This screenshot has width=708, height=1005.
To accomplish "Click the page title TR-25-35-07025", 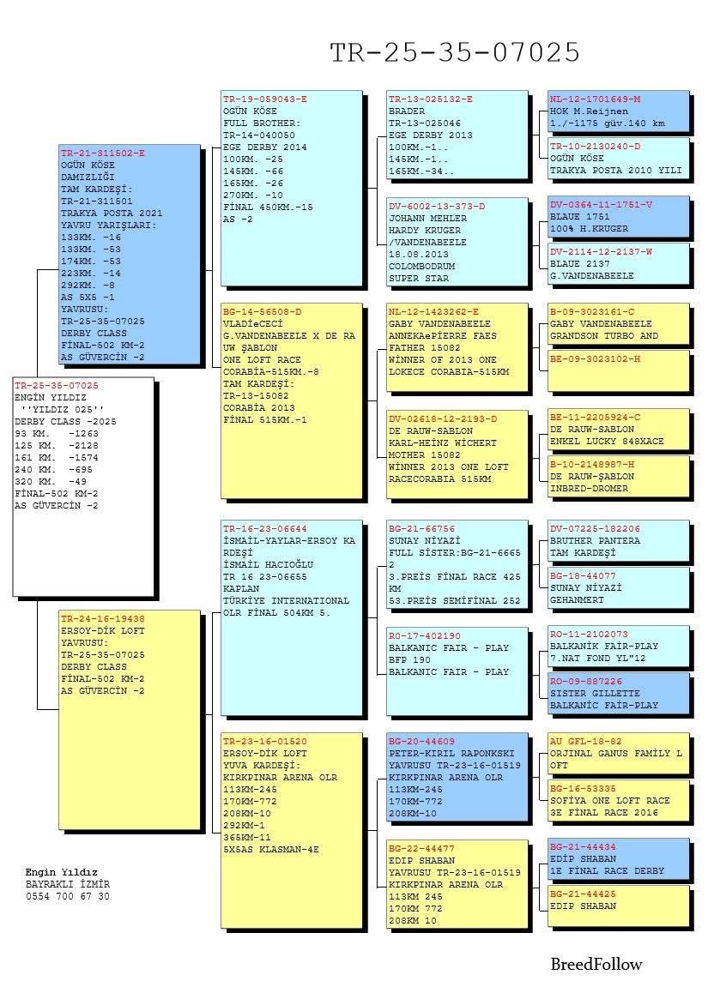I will (455, 53).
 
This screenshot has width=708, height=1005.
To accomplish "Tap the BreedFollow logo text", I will (596, 965).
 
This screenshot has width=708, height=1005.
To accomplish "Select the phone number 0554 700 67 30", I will (68, 896).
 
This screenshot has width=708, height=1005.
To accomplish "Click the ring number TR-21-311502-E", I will (103, 153).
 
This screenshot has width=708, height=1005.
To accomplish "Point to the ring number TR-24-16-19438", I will (103, 618).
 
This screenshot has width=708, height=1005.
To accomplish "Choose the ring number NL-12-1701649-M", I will (595, 99).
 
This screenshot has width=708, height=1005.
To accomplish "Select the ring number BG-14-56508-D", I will (262, 312).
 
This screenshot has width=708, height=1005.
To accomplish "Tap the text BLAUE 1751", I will (580, 217).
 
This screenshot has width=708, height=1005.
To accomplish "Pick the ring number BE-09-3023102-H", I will (595, 359).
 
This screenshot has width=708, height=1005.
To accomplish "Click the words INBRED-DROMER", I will (589, 488).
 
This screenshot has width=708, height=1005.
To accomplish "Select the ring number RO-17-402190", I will (424, 636).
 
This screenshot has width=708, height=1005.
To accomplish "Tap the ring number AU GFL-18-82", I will (586, 741).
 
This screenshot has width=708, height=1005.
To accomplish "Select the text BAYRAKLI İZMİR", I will (68, 884).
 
